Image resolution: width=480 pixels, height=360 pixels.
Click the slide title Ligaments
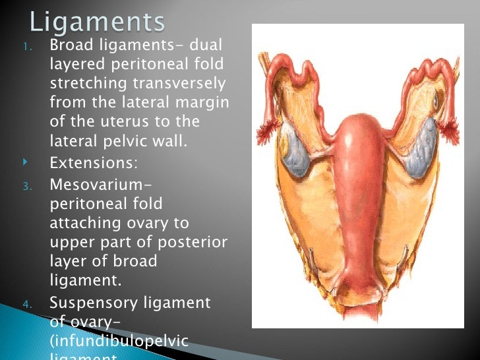coord(97,22)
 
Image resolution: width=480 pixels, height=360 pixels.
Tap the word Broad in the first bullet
coord(72,45)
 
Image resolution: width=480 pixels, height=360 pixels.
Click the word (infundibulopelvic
coord(119,342)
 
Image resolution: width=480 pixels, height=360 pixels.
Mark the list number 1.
coord(26,46)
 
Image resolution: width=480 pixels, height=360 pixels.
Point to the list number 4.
coord(26,304)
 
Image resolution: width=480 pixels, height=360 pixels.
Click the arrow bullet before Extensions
coord(26,160)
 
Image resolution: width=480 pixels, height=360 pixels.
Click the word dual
coord(206,45)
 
